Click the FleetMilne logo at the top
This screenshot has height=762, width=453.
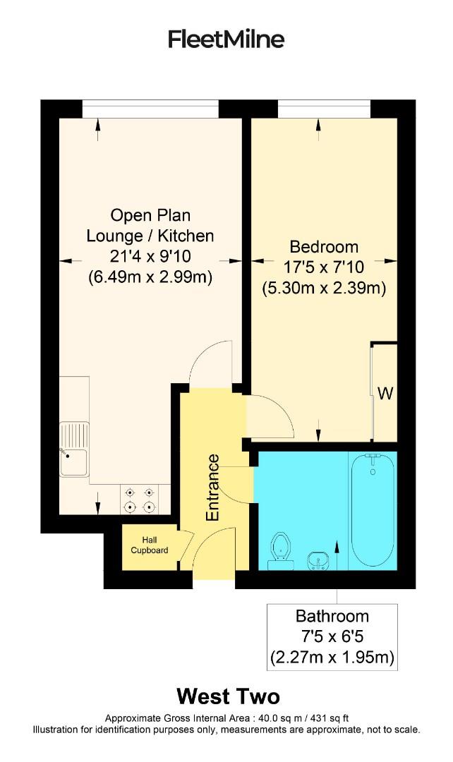pos(226,39)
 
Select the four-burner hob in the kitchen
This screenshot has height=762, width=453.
pos(139,500)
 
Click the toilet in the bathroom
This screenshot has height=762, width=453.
pos(282,547)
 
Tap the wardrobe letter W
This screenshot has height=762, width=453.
pos(385,394)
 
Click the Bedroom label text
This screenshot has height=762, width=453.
pos(324,247)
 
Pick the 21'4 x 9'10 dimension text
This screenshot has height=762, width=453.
pos(150,257)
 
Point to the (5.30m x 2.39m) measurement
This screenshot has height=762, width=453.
pos(324,288)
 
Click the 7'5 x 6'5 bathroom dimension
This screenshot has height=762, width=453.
pos(332,637)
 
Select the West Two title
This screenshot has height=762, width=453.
pos(227,697)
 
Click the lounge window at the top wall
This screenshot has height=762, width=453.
pos(150,109)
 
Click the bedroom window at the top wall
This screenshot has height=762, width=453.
pos(323,109)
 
